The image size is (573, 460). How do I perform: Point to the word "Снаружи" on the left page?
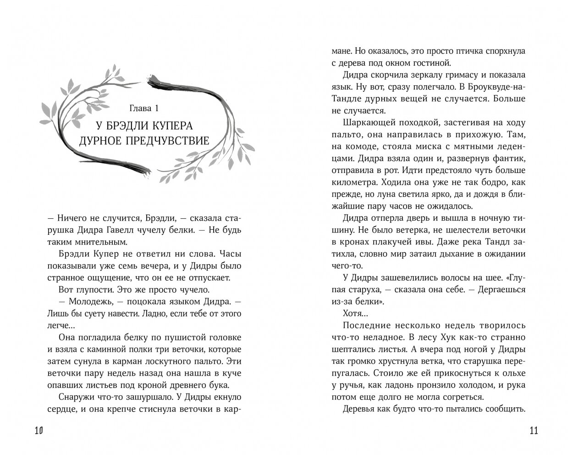(x=75, y=397)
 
